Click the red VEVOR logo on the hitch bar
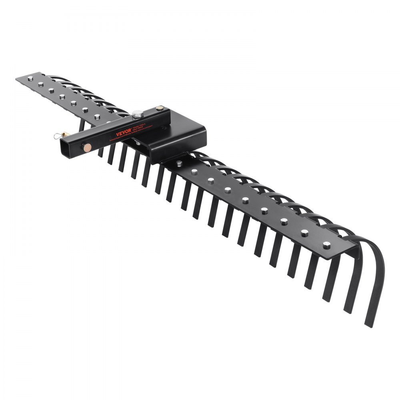[124, 133]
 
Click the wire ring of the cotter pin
[58, 136]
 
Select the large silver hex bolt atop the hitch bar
[138, 114]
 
